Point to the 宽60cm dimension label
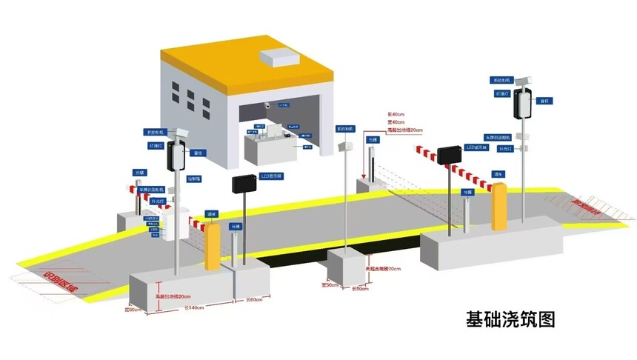coord(133,310)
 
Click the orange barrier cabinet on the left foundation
coord(213,244)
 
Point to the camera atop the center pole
coord(344,147)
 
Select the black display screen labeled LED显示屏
coord(451,155)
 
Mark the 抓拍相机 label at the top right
coord(501,79)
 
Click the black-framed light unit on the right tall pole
coord(524,103)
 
